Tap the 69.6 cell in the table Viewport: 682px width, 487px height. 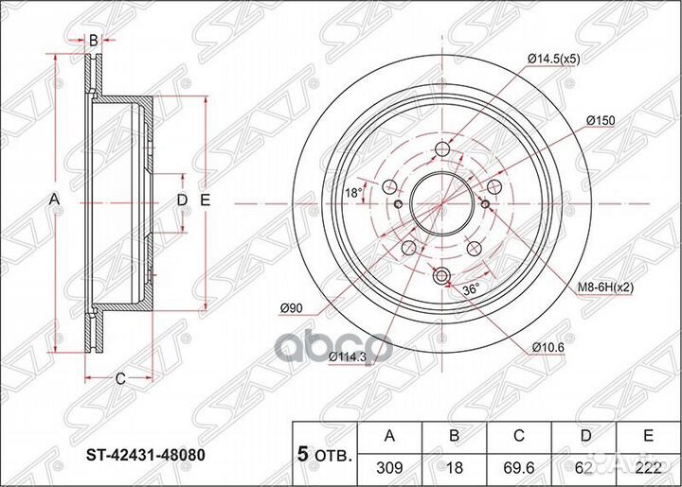click(x=521, y=466)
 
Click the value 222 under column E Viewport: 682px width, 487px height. click(x=650, y=466)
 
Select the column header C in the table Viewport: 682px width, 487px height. click(x=521, y=437)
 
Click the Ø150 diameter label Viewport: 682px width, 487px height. click(x=601, y=121)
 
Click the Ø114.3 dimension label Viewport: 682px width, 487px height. click(x=348, y=357)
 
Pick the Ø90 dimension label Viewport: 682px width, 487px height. click(x=293, y=305)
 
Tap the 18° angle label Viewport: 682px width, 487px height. click(x=351, y=193)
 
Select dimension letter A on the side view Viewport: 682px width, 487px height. click(x=54, y=200)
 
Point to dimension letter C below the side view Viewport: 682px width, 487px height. click(x=120, y=379)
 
